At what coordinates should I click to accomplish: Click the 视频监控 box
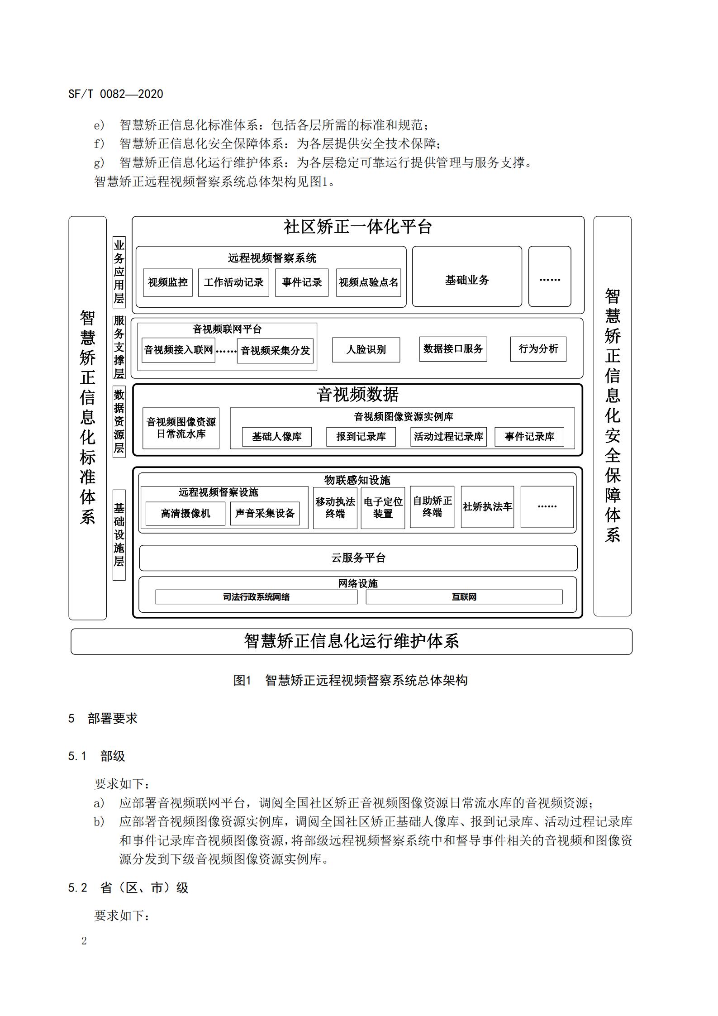coord(168,282)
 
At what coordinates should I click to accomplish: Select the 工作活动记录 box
coord(233,282)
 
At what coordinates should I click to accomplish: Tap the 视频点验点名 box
coord(368,282)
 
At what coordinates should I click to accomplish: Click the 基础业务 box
coord(467,276)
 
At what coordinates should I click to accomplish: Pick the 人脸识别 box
coord(366,350)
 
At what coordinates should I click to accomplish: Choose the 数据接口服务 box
coord(453,349)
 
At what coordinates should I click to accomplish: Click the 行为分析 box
coord(538,349)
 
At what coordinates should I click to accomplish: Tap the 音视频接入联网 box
coord(178,350)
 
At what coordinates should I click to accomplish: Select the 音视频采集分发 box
coord(275,351)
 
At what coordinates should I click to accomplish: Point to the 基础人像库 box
coord(277,437)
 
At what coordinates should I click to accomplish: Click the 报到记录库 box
coord(361,437)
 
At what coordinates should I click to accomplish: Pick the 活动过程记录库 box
coord(448,437)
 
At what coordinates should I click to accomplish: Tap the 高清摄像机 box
coord(185,514)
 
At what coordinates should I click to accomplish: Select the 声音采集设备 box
coord(265,514)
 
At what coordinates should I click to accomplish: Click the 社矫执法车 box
coord(487,507)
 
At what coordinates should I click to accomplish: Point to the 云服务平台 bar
coord(358,558)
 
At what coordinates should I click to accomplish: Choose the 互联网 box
coord(464,597)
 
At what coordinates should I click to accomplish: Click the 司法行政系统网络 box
coord(257,597)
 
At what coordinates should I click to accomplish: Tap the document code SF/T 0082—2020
coord(115,94)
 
